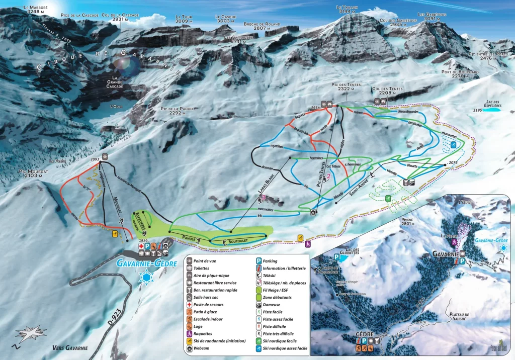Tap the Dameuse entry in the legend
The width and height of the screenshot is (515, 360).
pyautogui.click(x=276, y=305)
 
